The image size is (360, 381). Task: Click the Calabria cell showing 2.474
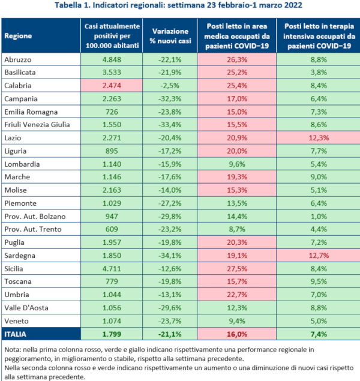point(112,85)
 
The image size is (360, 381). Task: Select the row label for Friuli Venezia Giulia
point(37,124)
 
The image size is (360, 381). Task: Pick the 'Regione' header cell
point(18,35)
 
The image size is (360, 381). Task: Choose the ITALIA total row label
point(18,334)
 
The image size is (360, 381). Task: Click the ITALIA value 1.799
point(112,334)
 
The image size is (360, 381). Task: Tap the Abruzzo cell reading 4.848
point(112,59)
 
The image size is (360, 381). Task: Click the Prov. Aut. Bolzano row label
point(35,216)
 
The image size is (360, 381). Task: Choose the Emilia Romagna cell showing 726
point(112,112)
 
